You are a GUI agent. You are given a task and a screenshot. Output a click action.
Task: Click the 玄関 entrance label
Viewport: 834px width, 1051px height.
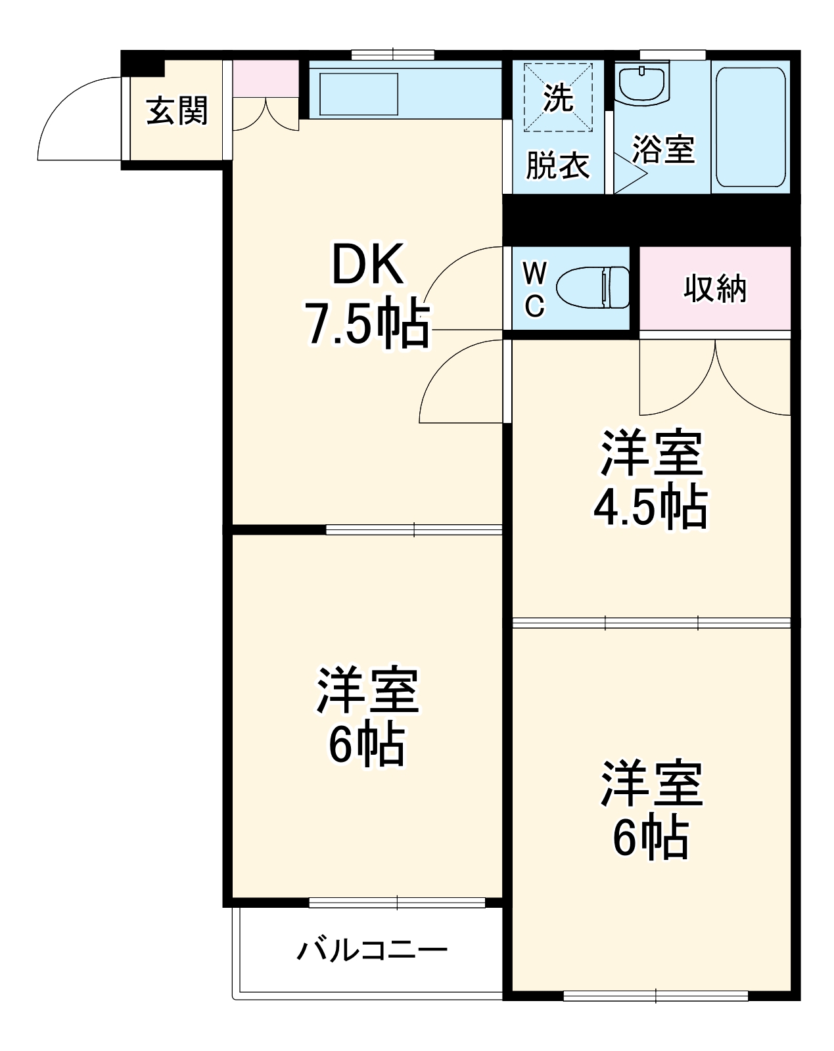click(177, 110)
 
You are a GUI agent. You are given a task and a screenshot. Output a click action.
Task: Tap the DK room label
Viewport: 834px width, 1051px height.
click(367, 264)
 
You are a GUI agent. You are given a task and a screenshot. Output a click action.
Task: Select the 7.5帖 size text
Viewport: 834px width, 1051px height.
click(366, 323)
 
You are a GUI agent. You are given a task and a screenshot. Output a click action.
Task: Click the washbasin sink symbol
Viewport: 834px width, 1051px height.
click(642, 84)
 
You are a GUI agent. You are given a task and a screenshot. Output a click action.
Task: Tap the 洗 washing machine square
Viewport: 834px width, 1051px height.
click(558, 97)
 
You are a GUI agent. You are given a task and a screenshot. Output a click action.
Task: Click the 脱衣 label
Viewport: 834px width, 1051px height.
click(557, 165)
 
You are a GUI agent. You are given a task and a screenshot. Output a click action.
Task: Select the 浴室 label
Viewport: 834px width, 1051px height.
click(663, 148)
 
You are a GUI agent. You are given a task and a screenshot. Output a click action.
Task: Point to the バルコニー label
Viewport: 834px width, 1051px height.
click(372, 950)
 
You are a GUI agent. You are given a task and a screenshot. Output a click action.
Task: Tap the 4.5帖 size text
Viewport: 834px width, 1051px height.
click(651, 508)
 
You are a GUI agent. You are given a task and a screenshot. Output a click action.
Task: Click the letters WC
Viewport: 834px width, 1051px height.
click(535, 289)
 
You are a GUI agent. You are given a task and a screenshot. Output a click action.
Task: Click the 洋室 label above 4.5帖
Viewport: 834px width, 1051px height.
click(651, 453)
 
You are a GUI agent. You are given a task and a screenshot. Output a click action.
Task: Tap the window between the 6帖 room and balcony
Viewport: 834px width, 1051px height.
click(397, 903)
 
